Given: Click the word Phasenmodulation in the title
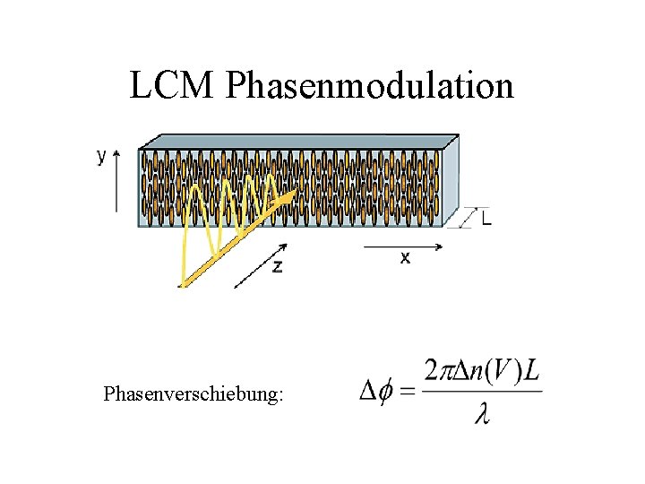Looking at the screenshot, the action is point(370,86).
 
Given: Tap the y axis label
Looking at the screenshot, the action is point(101,156).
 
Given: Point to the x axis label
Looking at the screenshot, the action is point(405,257).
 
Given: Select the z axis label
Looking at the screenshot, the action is point(278,266).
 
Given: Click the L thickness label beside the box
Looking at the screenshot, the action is point(486,218).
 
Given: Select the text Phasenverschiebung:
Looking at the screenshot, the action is point(193,393).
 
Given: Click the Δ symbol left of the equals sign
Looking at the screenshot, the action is point(367,391).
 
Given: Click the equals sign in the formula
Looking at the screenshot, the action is point(407,391).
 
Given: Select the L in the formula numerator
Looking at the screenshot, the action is point(531,370).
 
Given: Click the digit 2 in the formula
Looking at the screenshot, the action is point(432,370).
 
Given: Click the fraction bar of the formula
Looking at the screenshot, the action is point(482,392).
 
